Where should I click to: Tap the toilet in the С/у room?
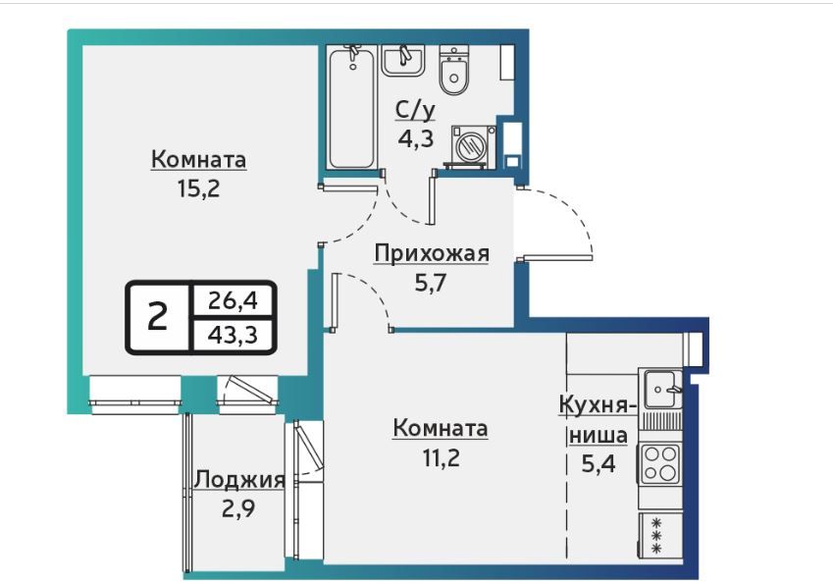[x=453, y=71]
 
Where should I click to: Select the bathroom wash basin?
[x=402, y=60]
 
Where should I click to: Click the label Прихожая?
[x=432, y=253]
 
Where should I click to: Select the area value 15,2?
[x=199, y=188]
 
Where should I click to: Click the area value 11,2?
[x=441, y=456]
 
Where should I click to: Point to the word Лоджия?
[x=239, y=480]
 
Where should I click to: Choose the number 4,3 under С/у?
[x=416, y=138]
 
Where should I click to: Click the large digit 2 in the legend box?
[x=157, y=317]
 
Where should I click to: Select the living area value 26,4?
[x=233, y=300]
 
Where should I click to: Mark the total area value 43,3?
[x=233, y=335]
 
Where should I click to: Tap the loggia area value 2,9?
[x=238, y=509]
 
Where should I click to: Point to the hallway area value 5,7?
[x=431, y=283]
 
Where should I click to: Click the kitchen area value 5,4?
[x=599, y=464]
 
